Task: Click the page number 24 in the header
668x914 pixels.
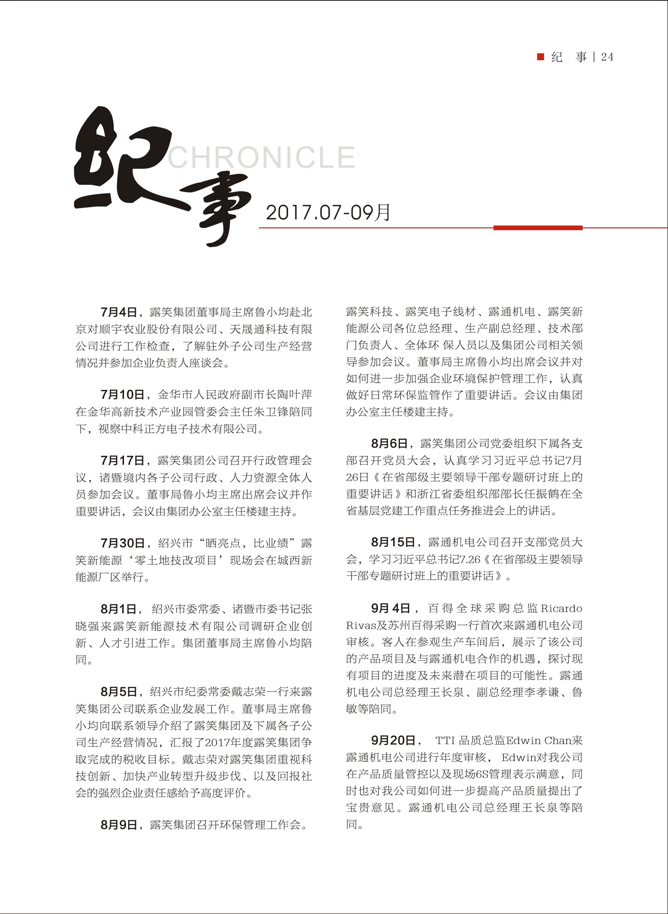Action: click(x=607, y=57)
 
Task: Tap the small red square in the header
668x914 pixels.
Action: click(x=541, y=57)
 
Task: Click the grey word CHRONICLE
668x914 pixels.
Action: click(x=261, y=157)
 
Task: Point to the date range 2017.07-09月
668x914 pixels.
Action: click(x=328, y=213)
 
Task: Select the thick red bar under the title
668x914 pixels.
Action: click(x=538, y=228)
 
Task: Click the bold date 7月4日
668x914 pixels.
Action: click(x=118, y=312)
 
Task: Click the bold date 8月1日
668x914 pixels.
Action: click(x=118, y=609)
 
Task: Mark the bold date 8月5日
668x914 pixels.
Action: click(x=118, y=692)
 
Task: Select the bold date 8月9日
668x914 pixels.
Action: click(x=118, y=824)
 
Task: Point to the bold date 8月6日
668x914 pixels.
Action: click(x=389, y=443)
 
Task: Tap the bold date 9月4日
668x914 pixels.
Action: click(x=390, y=608)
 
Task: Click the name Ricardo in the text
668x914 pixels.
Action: click(x=561, y=608)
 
